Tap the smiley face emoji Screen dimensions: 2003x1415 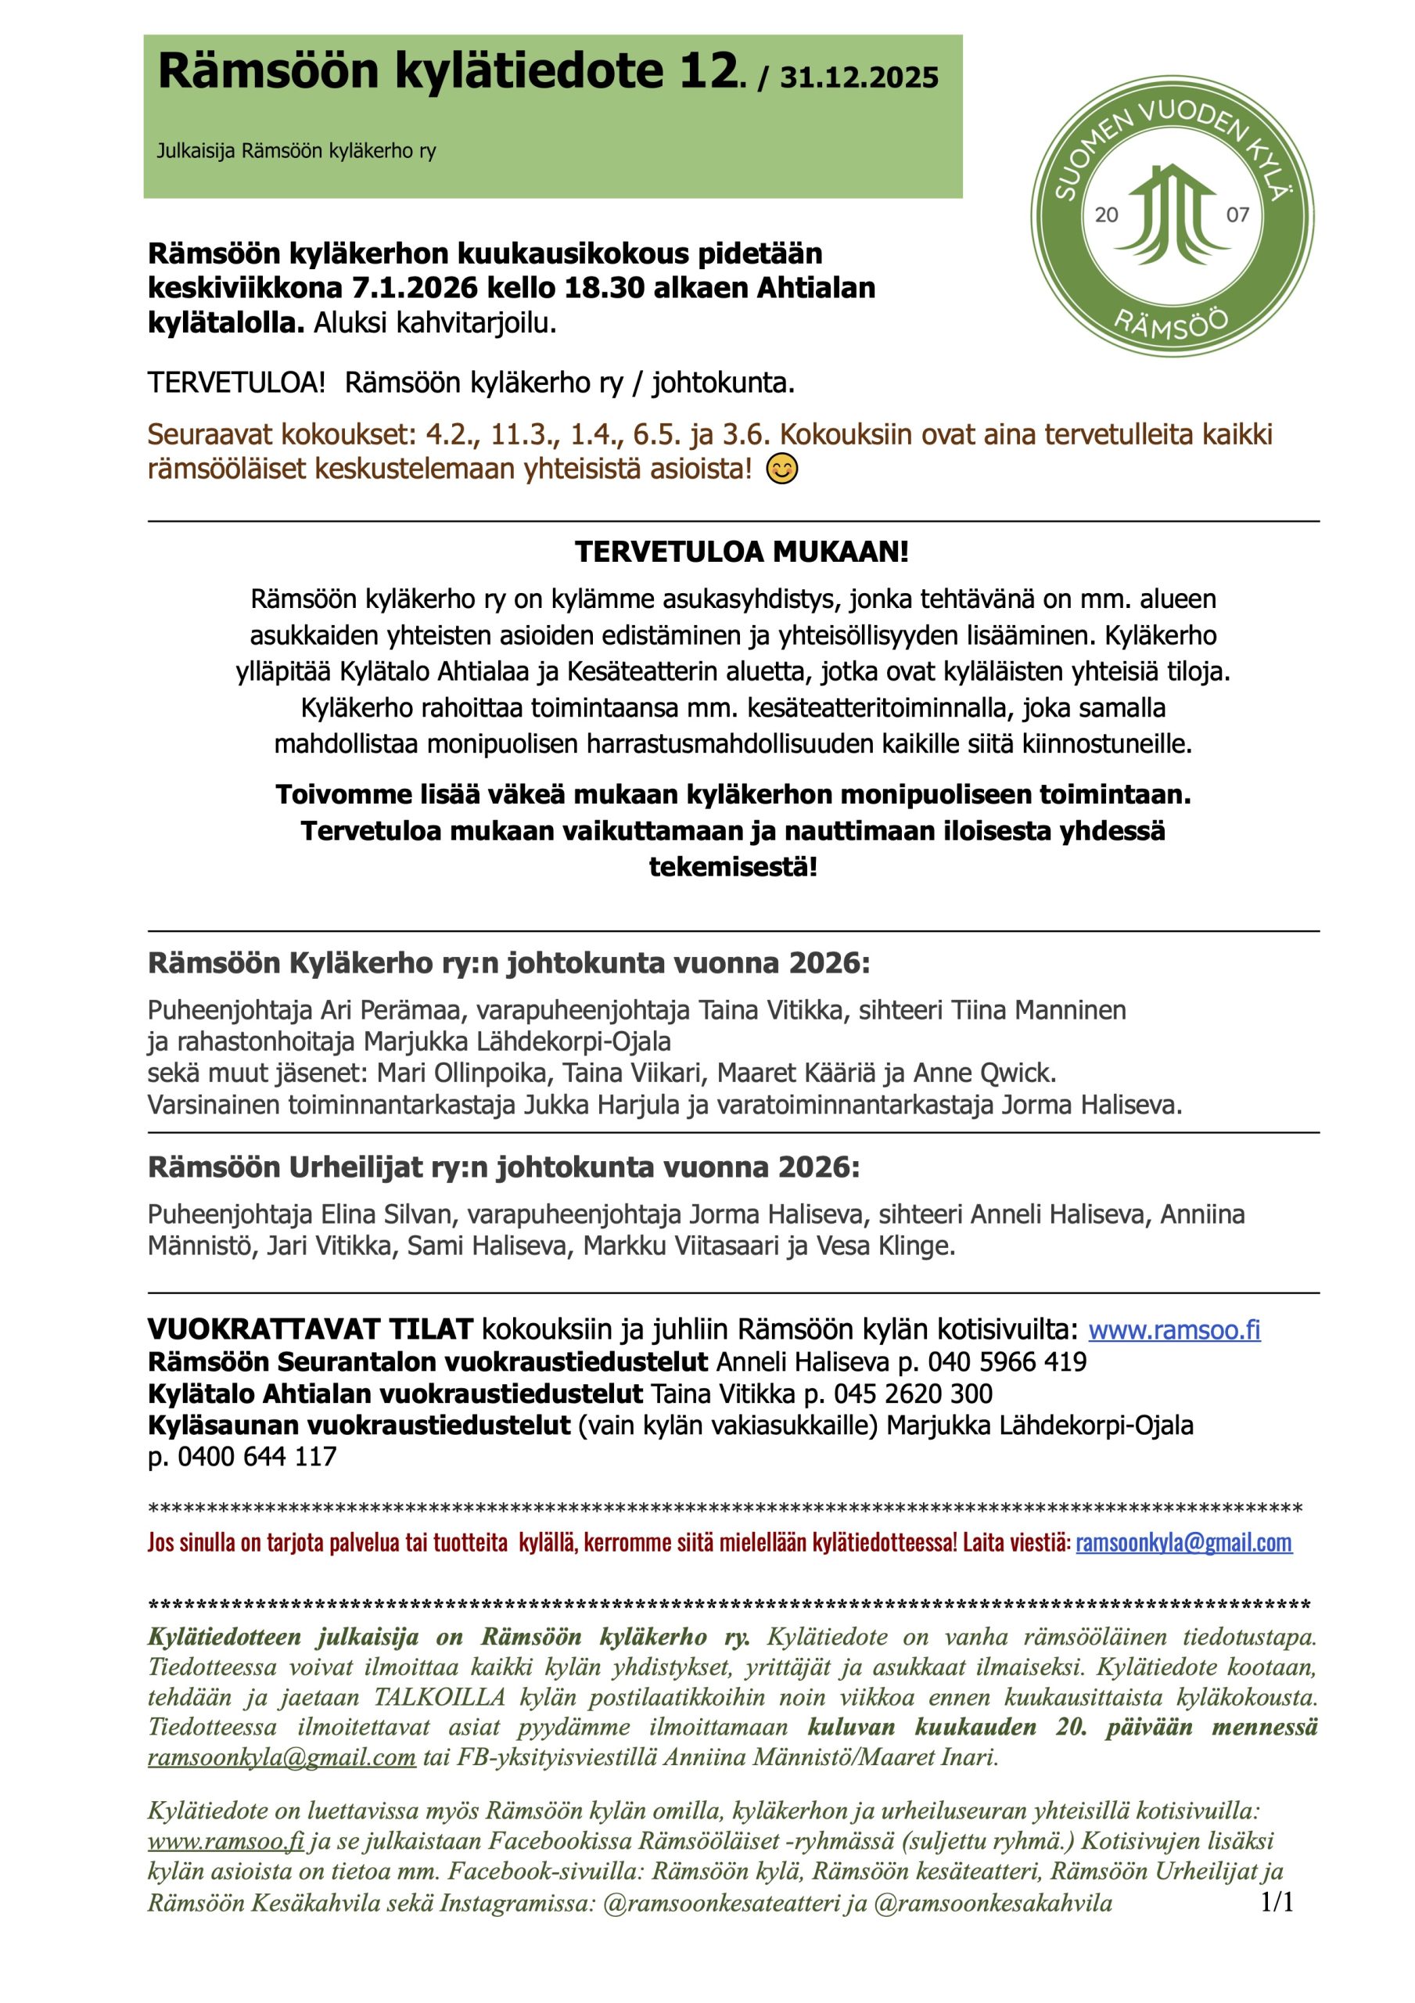(x=781, y=470)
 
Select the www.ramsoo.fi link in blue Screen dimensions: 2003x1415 (x=1174, y=1329)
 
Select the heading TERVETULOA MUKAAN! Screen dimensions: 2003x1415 (x=742, y=552)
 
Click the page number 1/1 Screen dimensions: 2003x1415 (x=1277, y=1902)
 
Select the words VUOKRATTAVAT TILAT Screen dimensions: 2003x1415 (x=310, y=1329)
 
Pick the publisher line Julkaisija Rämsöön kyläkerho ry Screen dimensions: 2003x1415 (x=296, y=151)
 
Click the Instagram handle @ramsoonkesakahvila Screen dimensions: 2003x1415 (x=992, y=1903)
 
